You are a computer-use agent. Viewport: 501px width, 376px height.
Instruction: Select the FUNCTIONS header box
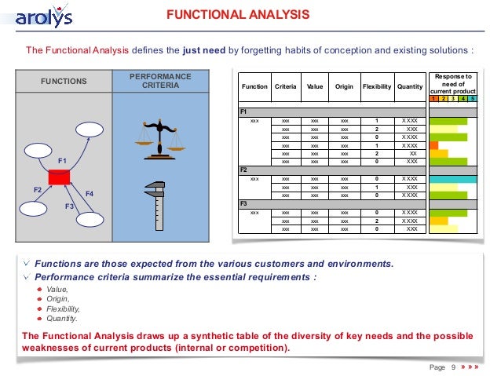coord(64,81)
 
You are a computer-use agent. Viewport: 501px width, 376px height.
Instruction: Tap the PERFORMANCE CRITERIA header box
coord(159,80)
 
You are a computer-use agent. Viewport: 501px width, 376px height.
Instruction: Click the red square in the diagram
coord(59,177)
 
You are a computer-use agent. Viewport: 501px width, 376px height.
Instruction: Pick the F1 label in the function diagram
coord(63,160)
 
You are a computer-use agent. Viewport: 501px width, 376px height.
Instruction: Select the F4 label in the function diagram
coord(90,193)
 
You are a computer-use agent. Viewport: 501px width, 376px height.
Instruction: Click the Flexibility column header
coord(377,87)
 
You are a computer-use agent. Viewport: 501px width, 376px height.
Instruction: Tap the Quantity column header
coord(410,87)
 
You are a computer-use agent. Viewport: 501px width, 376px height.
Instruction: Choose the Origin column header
coord(344,87)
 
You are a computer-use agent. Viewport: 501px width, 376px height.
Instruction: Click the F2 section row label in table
coord(243,170)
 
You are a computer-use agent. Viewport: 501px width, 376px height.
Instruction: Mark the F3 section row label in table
coord(243,203)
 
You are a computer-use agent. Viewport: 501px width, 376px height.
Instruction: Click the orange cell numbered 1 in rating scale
coord(434,100)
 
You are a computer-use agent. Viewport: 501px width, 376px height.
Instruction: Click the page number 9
coord(453,367)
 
